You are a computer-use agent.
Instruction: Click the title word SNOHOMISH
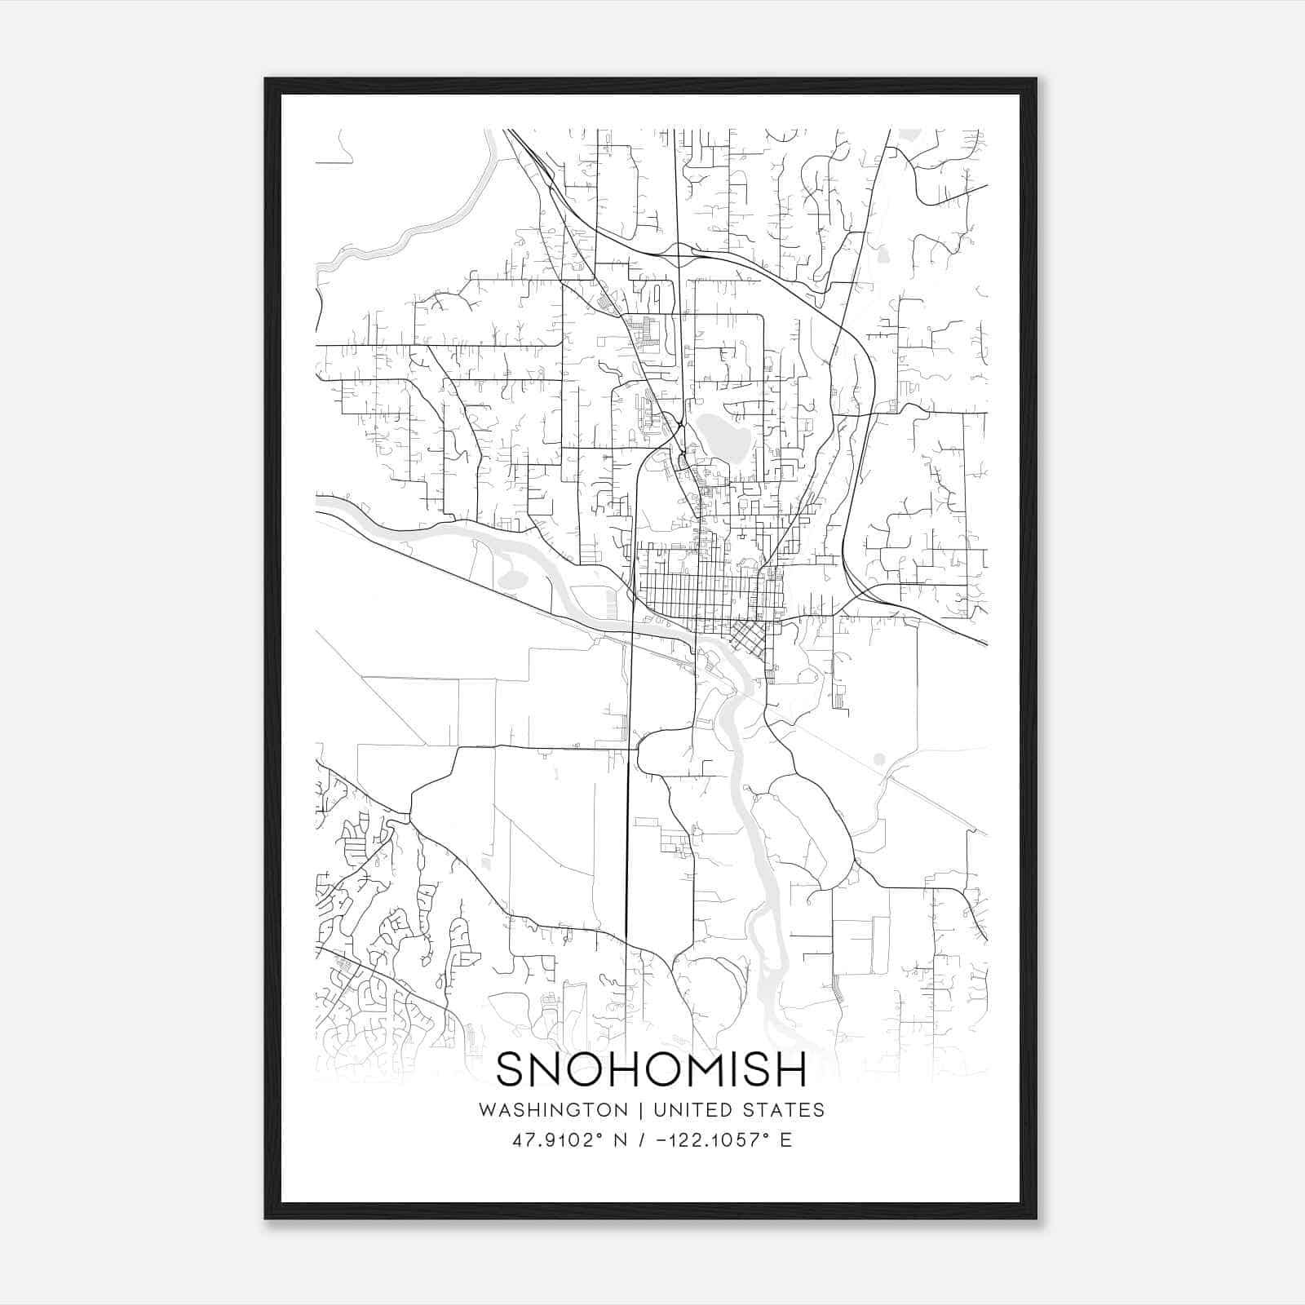[651, 1069]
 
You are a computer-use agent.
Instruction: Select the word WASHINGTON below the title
[553, 1110]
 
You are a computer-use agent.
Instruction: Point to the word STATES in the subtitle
[786, 1110]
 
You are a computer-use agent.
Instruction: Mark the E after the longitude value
[786, 1140]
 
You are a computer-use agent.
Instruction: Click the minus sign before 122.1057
[659, 1140]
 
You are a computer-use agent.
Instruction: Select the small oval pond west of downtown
[512, 580]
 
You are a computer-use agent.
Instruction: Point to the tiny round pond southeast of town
[878, 759]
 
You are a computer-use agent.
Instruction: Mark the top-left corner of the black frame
[266, 79]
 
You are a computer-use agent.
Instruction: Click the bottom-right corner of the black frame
[1036, 1218]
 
